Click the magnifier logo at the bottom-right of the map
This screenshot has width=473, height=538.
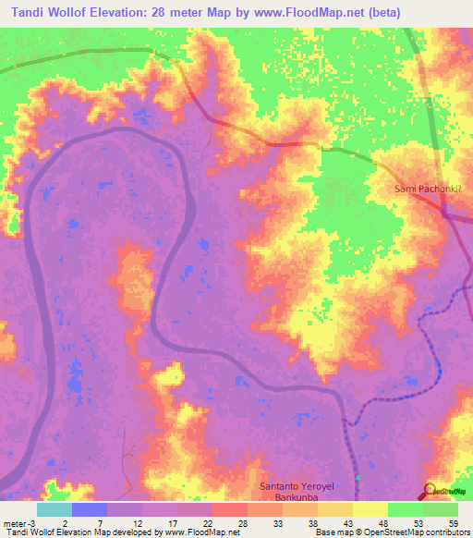click(x=431, y=490)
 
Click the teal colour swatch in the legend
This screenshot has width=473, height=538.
click(x=54, y=509)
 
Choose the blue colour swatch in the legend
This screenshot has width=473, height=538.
click(x=89, y=509)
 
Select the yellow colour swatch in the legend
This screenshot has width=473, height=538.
click(x=370, y=509)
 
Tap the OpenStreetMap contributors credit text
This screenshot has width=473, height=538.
click(x=417, y=532)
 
